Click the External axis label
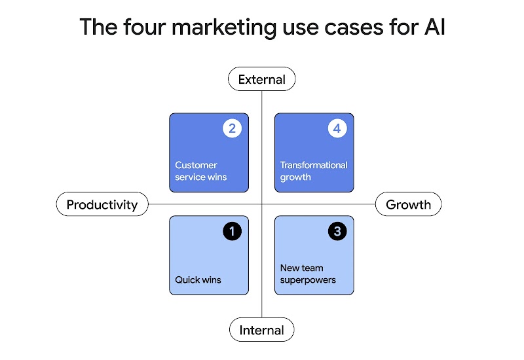(261, 80)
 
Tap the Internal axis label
(261, 330)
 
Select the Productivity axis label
(102, 204)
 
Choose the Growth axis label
(408, 204)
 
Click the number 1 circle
(232, 231)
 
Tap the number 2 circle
(232, 128)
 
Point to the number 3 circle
(337, 231)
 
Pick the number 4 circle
(337, 128)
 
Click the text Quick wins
(198, 280)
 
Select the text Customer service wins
(201, 171)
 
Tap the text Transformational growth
(314, 171)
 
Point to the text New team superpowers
(308, 274)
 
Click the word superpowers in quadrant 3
(308, 280)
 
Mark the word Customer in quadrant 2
(196, 165)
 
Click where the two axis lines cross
(261, 204)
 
